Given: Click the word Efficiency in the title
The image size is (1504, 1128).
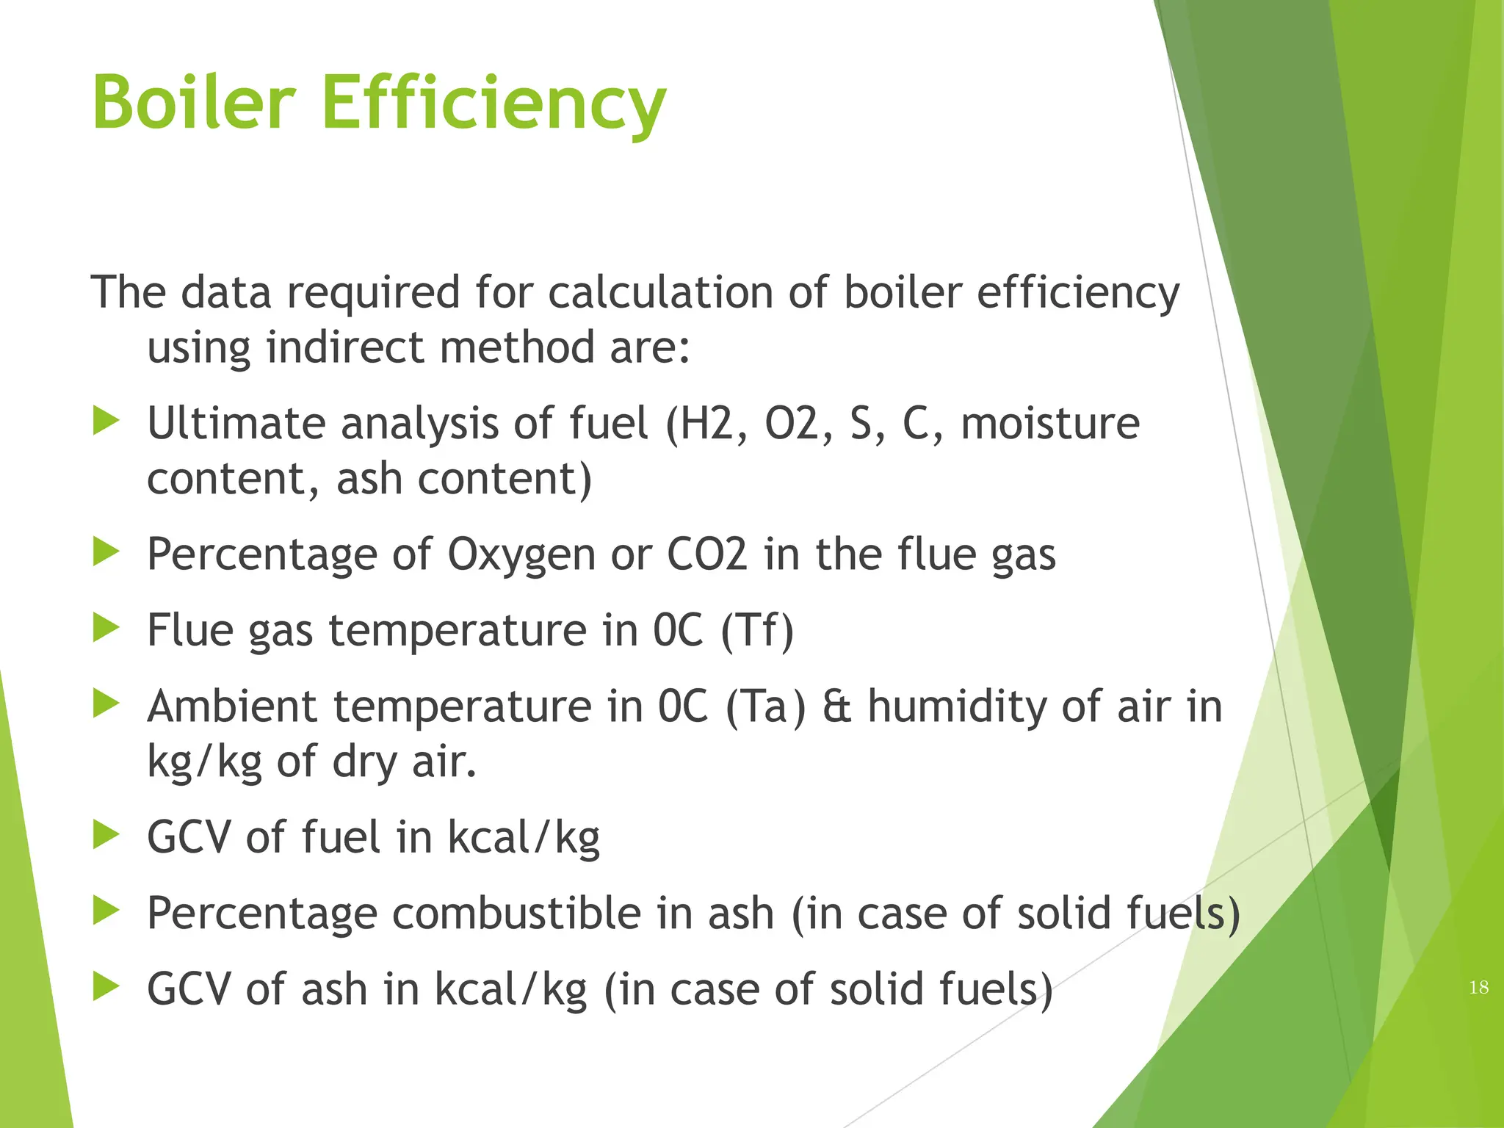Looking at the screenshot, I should (493, 104).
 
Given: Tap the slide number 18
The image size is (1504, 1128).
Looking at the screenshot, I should (1478, 987).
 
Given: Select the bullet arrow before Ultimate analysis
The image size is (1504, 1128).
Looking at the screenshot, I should (106, 422).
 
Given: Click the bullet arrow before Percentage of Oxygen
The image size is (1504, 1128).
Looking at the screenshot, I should (106, 552).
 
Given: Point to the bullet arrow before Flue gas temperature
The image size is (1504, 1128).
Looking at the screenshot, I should (106, 629).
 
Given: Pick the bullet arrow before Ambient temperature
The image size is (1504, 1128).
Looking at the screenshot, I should (106, 705).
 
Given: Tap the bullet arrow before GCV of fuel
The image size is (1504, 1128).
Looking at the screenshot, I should (106, 836).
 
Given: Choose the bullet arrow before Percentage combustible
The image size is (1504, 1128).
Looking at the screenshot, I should (106, 912).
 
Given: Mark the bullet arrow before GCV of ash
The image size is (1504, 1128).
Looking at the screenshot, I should (106, 988).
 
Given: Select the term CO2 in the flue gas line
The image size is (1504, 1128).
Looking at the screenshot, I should (706, 554).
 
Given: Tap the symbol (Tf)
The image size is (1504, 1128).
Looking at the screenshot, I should (757, 631).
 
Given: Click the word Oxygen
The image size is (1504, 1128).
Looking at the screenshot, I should (521, 555).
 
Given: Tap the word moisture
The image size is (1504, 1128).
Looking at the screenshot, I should (1050, 424).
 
